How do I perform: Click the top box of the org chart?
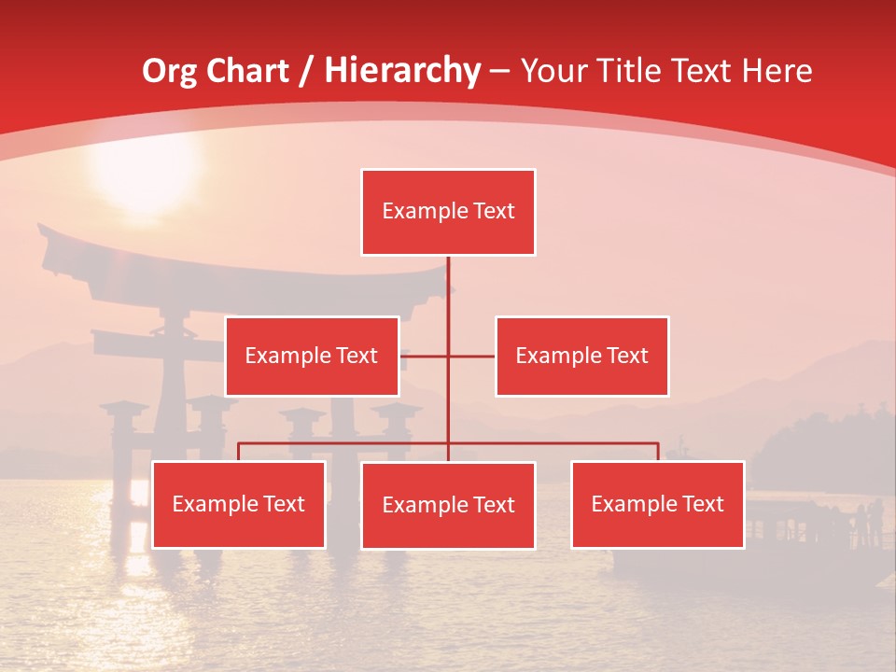[x=448, y=212]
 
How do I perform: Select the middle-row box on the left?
[x=312, y=356]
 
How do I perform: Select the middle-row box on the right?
[x=581, y=356]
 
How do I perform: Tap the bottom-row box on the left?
[x=239, y=504]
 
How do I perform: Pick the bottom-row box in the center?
[x=448, y=505]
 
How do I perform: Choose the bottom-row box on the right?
[x=658, y=504]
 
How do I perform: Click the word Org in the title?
[x=169, y=71]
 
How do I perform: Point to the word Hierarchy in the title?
[x=402, y=71]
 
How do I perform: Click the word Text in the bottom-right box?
[x=702, y=504]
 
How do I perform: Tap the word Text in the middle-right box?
[x=626, y=356]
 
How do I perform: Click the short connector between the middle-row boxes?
[x=448, y=356]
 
